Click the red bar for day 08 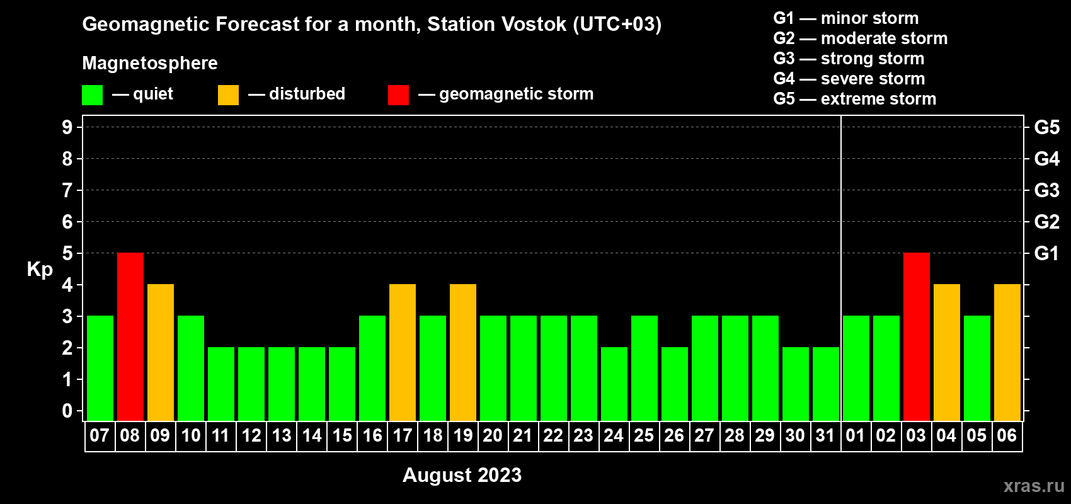(x=130, y=336)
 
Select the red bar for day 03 (x=917, y=336)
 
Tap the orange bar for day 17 (x=403, y=352)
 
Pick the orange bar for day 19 (x=463, y=352)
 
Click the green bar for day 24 (x=614, y=384)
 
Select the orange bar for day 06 (x=1007, y=352)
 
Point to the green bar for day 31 (x=826, y=384)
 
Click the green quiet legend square (x=92, y=94)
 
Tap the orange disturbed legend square (x=228, y=94)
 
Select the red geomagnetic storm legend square (x=398, y=94)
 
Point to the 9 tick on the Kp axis (x=67, y=127)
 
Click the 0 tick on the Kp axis (x=67, y=411)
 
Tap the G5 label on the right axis (x=1047, y=127)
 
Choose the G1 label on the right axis (x=1047, y=253)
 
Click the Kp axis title (x=40, y=270)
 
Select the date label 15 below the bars (x=342, y=435)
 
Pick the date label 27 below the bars (x=705, y=435)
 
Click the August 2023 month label (x=462, y=475)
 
